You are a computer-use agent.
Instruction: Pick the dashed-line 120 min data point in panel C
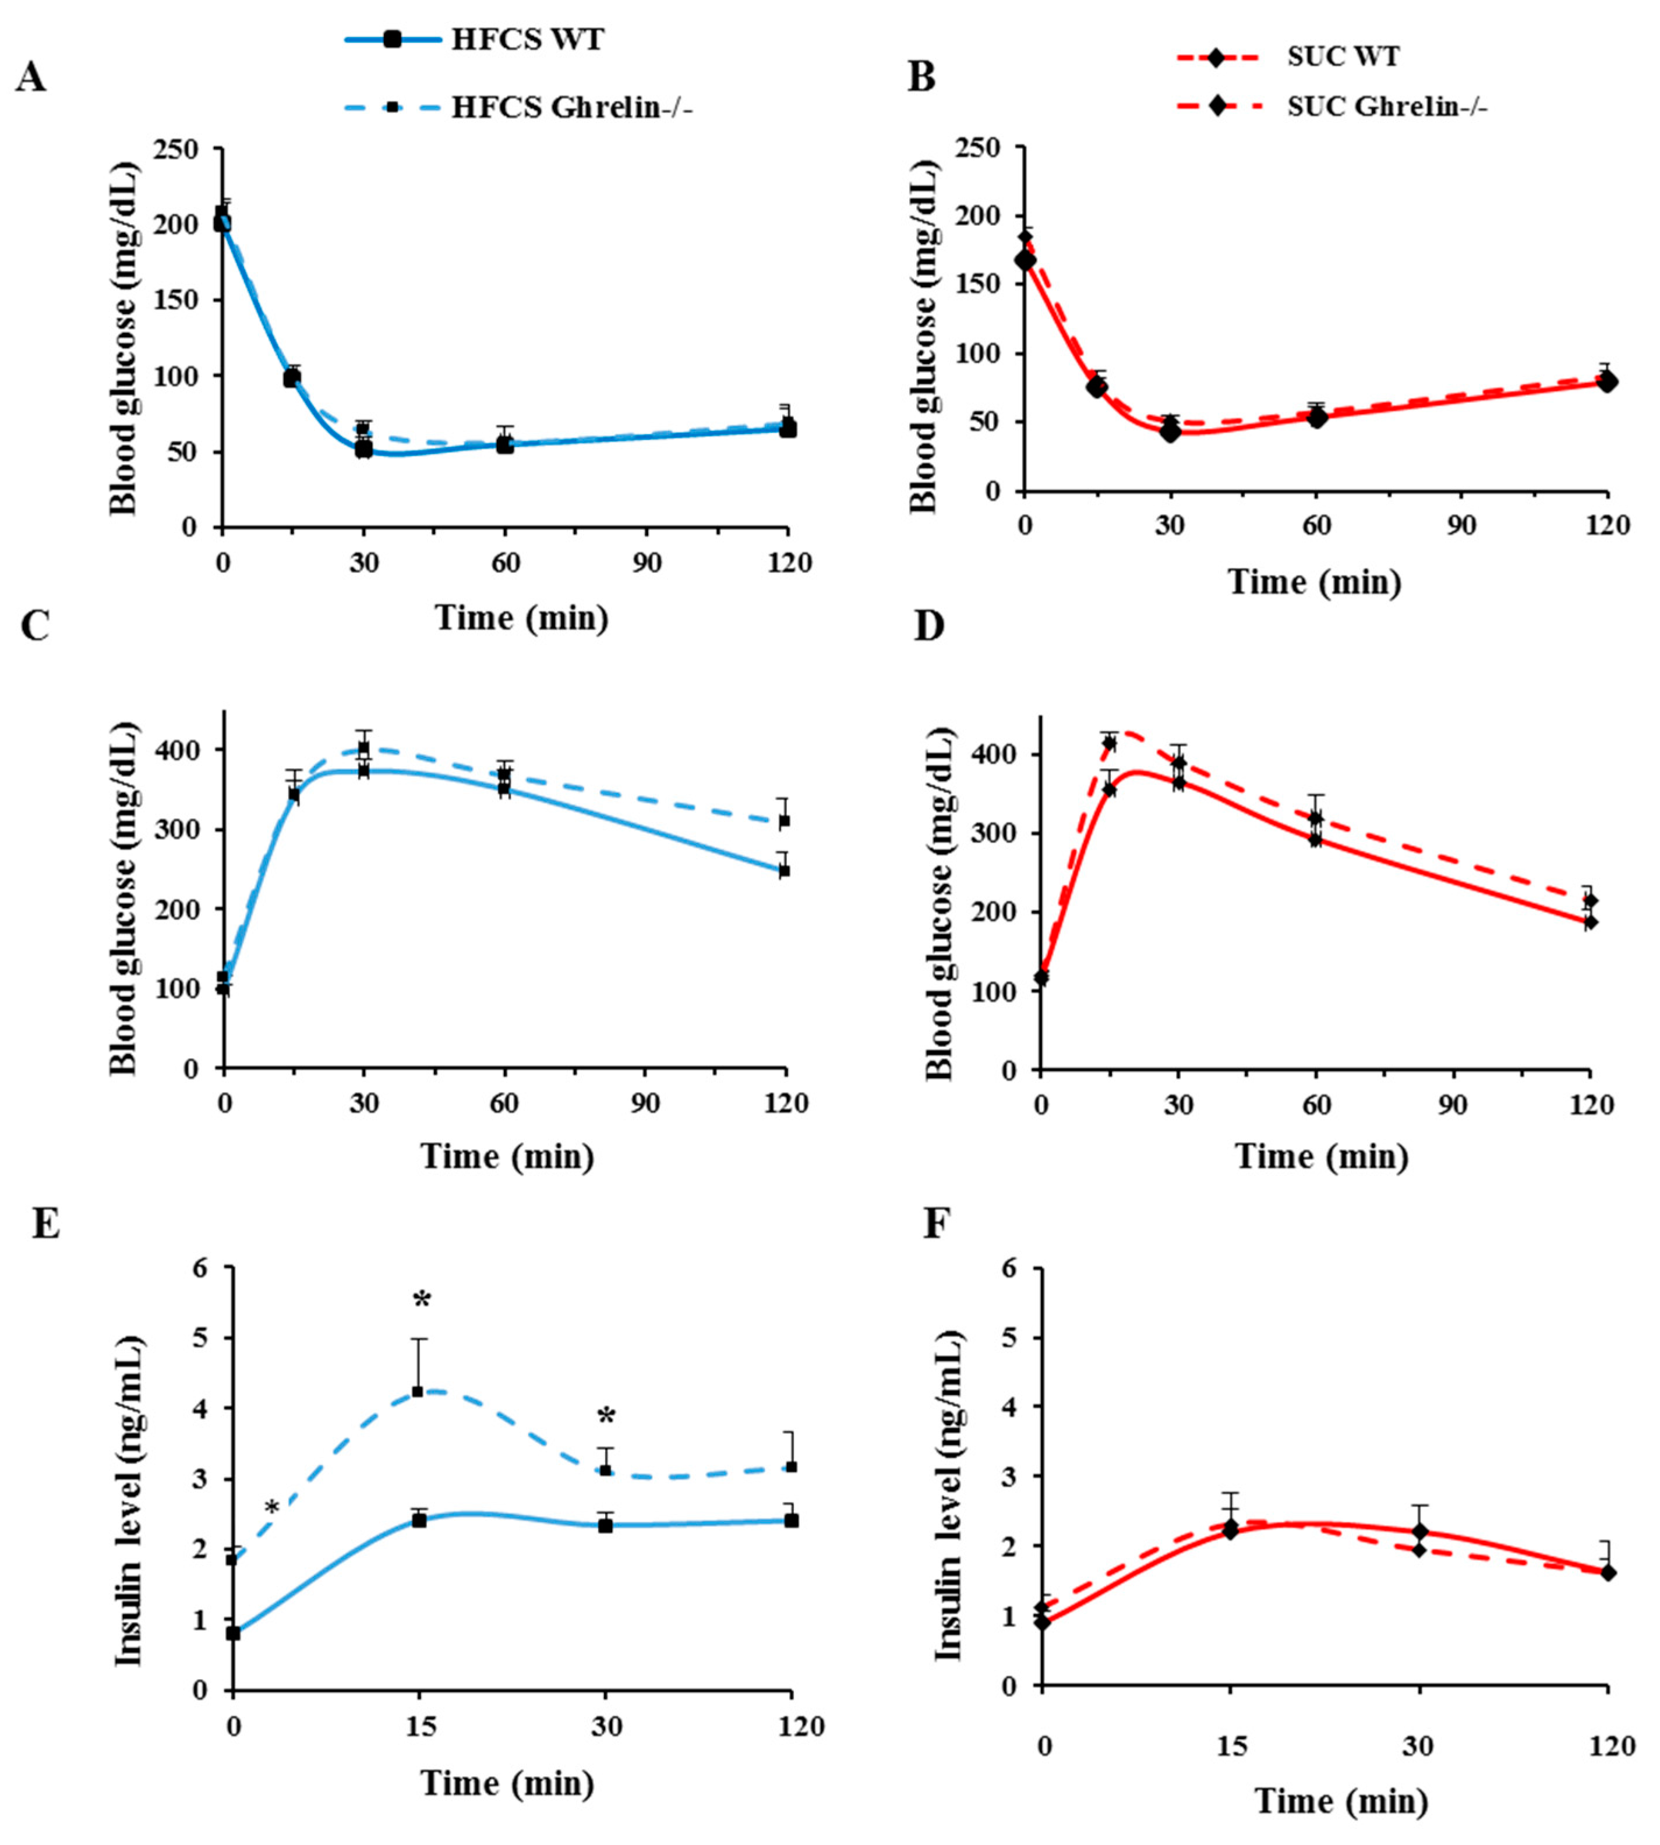pos(783,821)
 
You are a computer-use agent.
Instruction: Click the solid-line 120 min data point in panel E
pos(791,1521)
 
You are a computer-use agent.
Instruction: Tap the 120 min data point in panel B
pos(1607,381)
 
